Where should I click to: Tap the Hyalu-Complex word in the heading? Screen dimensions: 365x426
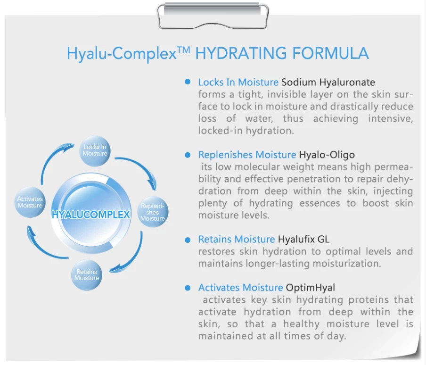pyautogui.click(x=121, y=54)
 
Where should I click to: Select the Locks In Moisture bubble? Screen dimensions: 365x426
pyautogui.click(x=95, y=150)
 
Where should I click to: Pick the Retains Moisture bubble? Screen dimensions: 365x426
pyautogui.click(x=87, y=274)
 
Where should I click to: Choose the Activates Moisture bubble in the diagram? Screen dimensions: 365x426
pyautogui.click(x=30, y=202)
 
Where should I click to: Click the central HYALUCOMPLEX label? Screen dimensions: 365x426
pyautogui.click(x=90, y=215)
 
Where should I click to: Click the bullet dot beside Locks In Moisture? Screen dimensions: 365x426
pyautogui.click(x=188, y=82)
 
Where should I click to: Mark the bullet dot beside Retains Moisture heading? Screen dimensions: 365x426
pyautogui.click(x=188, y=240)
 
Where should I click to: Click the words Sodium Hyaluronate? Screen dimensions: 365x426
pyautogui.click(x=328, y=83)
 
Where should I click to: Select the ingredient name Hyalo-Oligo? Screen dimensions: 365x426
pyautogui.click(x=327, y=155)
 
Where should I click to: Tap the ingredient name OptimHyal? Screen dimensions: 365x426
pyautogui.click(x=311, y=287)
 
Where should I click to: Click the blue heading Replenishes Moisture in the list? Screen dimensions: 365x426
pyautogui.click(x=247, y=155)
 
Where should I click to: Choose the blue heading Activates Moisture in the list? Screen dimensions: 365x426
pyautogui.click(x=240, y=287)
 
